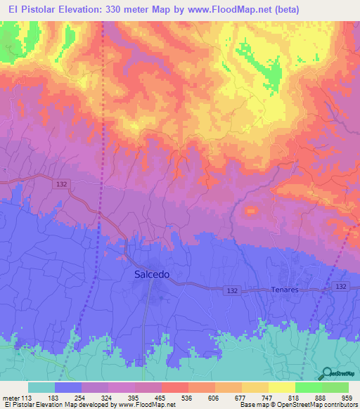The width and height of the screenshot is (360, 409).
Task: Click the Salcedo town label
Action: coord(151,275)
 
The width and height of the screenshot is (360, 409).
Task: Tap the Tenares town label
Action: coord(285,290)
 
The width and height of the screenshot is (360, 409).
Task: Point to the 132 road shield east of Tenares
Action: coord(341,287)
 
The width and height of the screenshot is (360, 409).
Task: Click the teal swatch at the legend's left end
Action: coord(41,387)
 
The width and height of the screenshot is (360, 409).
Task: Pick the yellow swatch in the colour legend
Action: coord(282,387)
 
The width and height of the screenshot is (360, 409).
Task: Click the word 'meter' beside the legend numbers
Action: coord(10,398)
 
